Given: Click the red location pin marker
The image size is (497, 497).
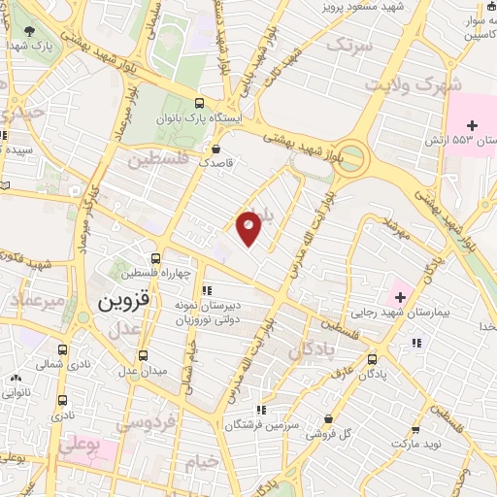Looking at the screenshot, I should pyautogui.click(x=249, y=227).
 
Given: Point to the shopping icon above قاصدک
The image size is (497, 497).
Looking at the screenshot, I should pyautogui.click(x=215, y=149).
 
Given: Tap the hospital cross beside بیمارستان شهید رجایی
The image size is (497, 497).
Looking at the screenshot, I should pyautogui.click(x=400, y=294).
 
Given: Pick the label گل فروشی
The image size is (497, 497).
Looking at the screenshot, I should pyautogui.click(x=329, y=434).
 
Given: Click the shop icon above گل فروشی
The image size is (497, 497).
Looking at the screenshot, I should pyautogui.click(x=331, y=418).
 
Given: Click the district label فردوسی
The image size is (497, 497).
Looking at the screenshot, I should pyautogui.click(x=147, y=423).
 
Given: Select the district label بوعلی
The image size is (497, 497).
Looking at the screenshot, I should pyautogui.click(x=80, y=447).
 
